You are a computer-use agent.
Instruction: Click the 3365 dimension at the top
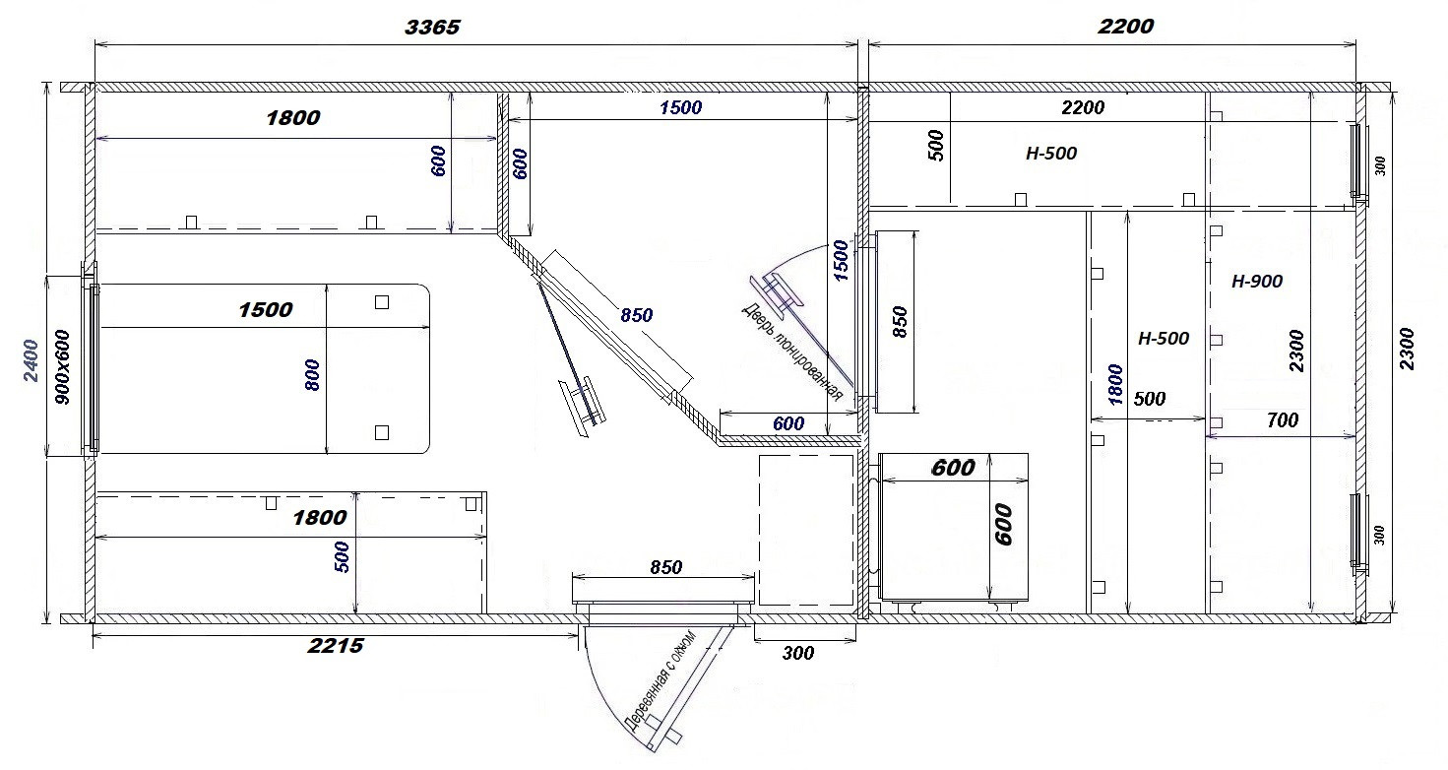pos(432,28)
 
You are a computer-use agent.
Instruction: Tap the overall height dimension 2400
pos(31,360)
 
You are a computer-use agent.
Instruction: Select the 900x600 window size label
pos(63,367)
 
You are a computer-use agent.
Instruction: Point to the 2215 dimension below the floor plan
pos(336,645)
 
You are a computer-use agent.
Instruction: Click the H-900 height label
pos(1257,282)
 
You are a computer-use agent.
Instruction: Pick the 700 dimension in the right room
pos(1283,420)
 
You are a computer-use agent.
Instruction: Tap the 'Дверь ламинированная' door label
pos(791,353)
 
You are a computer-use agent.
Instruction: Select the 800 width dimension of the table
pos(312,375)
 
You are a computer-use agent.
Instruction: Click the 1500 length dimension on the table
pos(266,310)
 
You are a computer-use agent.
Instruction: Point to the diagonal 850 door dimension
pos(637,315)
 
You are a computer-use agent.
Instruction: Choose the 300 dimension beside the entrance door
pos(797,653)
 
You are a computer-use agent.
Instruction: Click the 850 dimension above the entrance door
pos(665,567)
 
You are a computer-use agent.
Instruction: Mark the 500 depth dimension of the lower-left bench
pos(343,557)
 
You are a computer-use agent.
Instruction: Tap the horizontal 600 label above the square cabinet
pos(953,468)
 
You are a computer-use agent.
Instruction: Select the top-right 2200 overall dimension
pos(1125,26)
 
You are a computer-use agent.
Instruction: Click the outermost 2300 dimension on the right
pos(1407,350)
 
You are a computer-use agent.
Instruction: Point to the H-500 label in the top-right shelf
pos(1051,154)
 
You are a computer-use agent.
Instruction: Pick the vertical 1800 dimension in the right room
pos(1115,385)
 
